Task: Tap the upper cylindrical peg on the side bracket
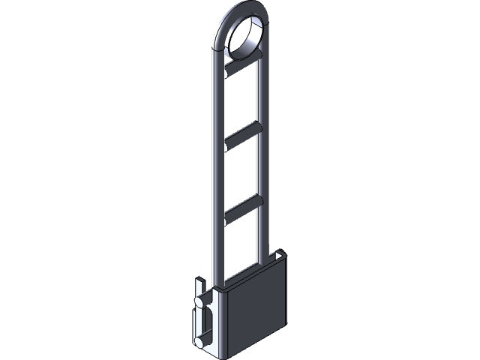(x=201, y=302)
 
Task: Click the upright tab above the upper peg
(x=199, y=286)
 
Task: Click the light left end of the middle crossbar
(x=227, y=140)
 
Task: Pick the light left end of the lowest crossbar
(x=227, y=215)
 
